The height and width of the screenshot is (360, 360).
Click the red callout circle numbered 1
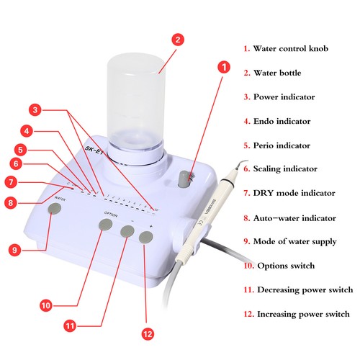(x=223, y=68)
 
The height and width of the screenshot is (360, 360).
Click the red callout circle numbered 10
(x=46, y=305)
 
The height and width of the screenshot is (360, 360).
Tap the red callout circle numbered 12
(x=148, y=333)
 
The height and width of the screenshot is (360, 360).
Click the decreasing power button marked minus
(x=127, y=231)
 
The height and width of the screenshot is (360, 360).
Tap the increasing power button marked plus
(x=148, y=238)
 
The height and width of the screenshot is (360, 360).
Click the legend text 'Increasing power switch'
(x=302, y=314)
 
